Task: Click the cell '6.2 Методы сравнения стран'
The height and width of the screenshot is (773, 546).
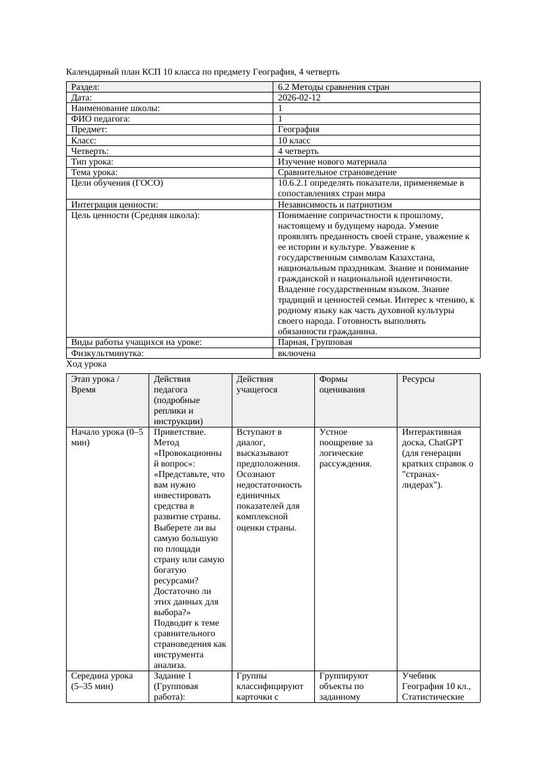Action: point(333,87)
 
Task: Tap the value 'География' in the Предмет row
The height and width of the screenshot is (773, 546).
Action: point(298,129)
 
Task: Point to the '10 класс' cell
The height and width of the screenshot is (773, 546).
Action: point(294,140)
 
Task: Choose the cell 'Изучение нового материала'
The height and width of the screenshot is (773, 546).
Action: point(332,161)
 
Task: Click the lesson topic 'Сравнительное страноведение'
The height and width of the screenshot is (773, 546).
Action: point(337,172)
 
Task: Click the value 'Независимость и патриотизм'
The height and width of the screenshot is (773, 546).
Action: point(335,205)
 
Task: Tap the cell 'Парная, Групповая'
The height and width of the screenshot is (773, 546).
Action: point(315,342)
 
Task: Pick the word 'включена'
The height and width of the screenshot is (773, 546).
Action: point(296,353)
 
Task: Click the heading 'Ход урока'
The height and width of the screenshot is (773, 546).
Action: point(86,364)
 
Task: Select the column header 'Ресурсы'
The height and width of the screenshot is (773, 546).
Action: point(419,379)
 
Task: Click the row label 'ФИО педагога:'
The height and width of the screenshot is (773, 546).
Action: point(100,119)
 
